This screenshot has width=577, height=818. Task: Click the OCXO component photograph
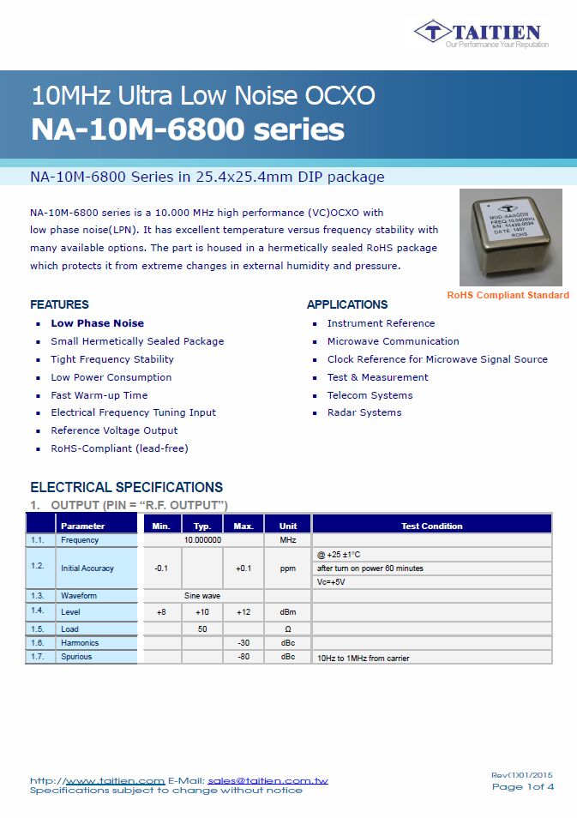[x=510, y=237]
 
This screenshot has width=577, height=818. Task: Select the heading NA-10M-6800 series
[x=188, y=129]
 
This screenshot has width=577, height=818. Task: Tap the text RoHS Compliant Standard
[x=508, y=295]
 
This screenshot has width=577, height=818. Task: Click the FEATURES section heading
[x=59, y=304]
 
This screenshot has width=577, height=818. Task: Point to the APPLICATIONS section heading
[x=347, y=304]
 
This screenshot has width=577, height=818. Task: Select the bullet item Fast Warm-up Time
[x=99, y=395]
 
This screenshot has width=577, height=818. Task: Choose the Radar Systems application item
[x=364, y=412]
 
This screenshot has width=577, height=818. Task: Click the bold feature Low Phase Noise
[x=97, y=323]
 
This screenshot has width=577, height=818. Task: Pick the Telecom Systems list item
[x=370, y=395]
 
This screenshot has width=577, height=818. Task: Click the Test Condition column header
[x=431, y=526]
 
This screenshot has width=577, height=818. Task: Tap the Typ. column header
[x=202, y=526]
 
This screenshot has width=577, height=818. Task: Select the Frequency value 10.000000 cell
[x=202, y=540]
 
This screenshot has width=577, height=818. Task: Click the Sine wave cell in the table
[x=202, y=595]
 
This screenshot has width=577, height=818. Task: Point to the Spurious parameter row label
[x=76, y=657]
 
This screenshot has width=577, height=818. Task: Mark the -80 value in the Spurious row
[x=243, y=657]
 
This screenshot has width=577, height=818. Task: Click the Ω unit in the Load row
[x=287, y=629]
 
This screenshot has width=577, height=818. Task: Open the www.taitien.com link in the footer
[x=115, y=780]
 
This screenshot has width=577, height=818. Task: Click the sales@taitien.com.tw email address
[x=267, y=780]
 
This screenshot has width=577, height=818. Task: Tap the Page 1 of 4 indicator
[x=522, y=786]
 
